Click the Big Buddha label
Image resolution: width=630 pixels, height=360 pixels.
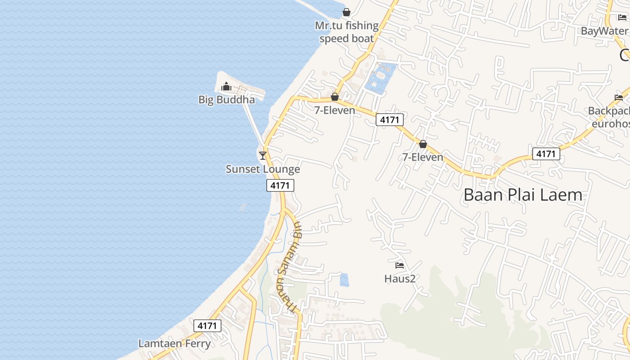click(x=226, y=99)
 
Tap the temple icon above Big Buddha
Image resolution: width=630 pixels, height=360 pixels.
click(x=226, y=86)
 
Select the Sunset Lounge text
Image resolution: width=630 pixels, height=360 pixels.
click(x=263, y=169)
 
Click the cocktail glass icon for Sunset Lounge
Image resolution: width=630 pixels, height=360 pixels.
click(x=263, y=156)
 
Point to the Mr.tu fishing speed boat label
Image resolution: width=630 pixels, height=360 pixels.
click(x=346, y=32)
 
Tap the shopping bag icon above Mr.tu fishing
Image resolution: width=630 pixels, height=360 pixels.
click(x=346, y=12)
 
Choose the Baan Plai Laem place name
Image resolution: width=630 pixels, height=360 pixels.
click(x=523, y=195)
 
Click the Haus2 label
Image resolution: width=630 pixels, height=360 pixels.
click(x=400, y=279)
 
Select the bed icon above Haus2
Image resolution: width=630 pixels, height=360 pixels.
click(x=400, y=265)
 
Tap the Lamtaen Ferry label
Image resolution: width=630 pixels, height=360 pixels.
click(x=174, y=343)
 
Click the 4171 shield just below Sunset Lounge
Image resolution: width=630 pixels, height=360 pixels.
click(x=280, y=185)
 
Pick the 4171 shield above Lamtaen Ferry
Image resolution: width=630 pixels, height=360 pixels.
click(x=207, y=326)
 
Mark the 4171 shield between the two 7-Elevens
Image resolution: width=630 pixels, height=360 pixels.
click(x=390, y=120)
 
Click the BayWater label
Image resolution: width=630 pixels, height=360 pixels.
click(x=604, y=31)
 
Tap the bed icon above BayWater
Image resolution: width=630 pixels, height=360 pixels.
click(x=622, y=18)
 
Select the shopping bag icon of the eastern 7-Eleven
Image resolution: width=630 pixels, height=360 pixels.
click(x=423, y=144)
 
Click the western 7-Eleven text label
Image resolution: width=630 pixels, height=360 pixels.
click(x=334, y=110)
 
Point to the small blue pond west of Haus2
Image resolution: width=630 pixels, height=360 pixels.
click(x=344, y=279)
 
